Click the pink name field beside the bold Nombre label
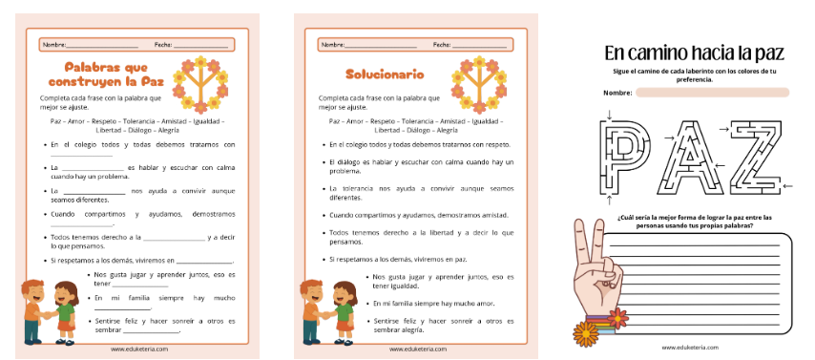[712, 93]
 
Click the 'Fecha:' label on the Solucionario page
[442, 44]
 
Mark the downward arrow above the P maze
[608, 118]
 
